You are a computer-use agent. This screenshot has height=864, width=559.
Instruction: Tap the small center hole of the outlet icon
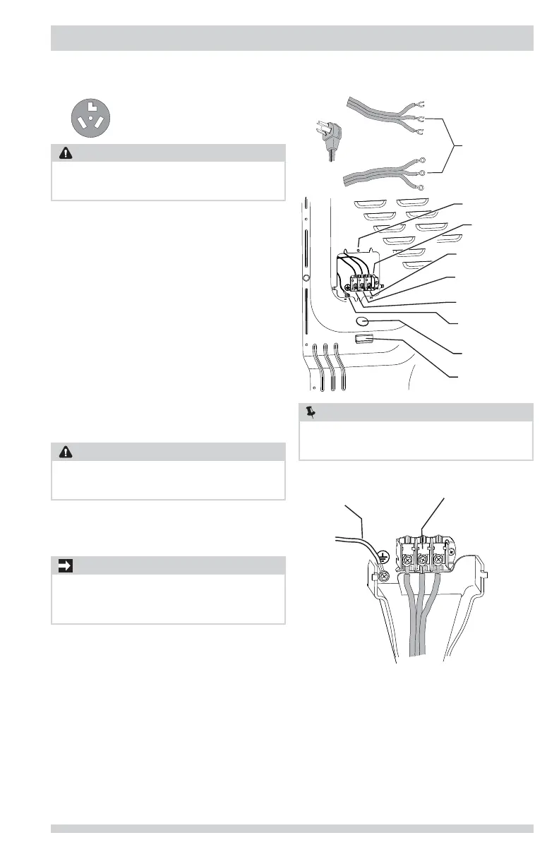[x=91, y=118]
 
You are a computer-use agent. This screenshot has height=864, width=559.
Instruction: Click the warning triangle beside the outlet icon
[x=64, y=153]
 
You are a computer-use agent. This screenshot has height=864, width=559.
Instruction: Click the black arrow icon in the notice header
[x=64, y=565]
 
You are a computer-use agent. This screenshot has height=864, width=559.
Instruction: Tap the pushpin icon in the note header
[x=311, y=412]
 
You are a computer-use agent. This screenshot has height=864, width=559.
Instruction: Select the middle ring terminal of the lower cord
[x=422, y=173]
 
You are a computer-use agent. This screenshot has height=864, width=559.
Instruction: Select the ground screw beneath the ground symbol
[x=385, y=576]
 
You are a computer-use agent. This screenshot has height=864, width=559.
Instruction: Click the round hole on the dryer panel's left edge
[x=306, y=278]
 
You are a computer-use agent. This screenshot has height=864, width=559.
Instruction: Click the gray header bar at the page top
[x=291, y=38]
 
